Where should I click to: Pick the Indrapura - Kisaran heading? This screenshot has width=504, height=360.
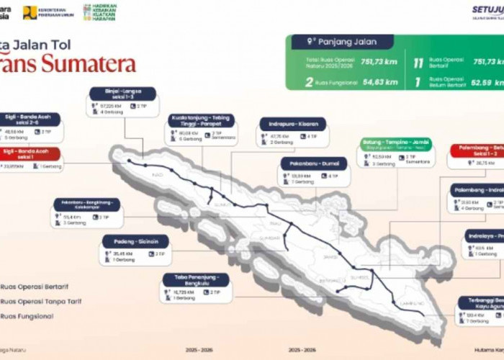[x=292, y=124]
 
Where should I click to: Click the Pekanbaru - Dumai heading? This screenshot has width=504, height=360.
[x=314, y=163]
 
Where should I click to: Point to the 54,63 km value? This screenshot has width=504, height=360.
[x=380, y=82]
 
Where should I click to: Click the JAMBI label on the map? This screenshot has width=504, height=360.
[x=330, y=256]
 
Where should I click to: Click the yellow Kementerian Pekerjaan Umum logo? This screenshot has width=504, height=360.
[x=30, y=12]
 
